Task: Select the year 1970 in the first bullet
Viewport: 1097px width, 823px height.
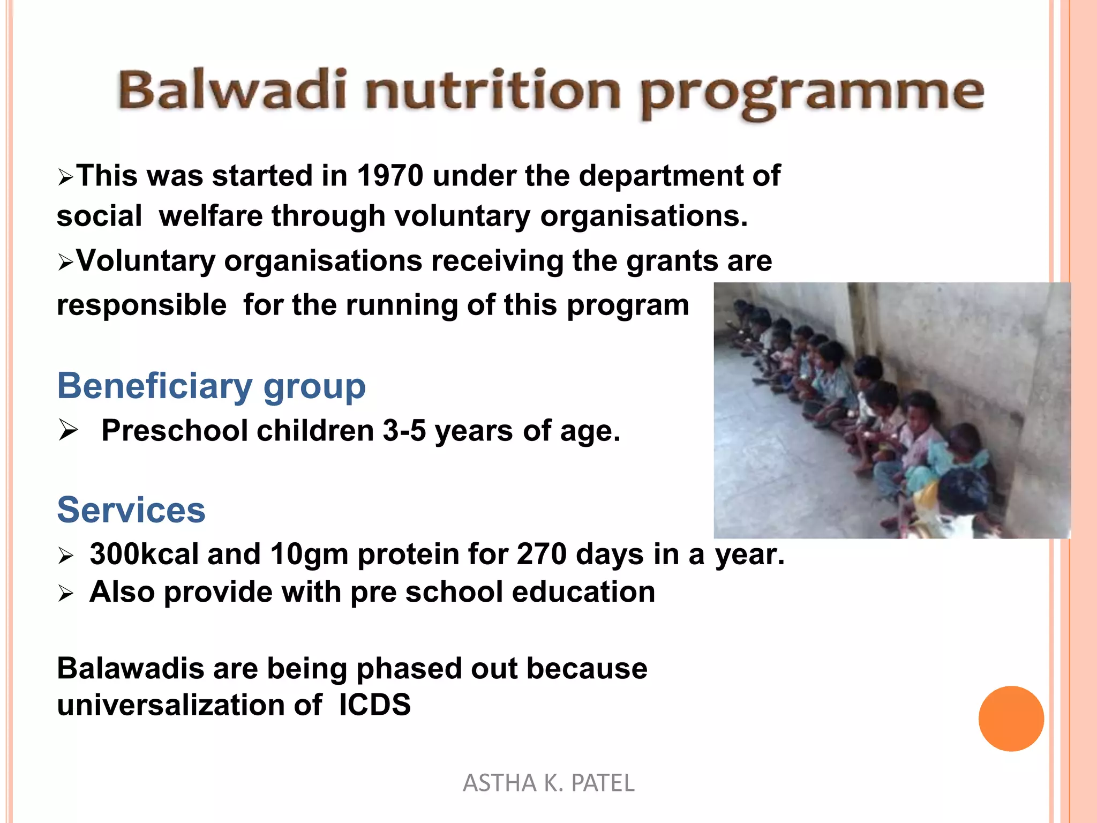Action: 390,176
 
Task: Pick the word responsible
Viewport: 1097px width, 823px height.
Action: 142,305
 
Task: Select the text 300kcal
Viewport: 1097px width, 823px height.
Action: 144,554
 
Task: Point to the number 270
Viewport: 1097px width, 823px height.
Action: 542,554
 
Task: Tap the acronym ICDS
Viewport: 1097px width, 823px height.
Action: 374,705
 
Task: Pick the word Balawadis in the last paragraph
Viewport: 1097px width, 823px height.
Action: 130,669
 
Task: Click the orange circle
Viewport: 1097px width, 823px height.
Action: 1011,719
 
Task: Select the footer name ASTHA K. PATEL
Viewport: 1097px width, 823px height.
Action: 548,783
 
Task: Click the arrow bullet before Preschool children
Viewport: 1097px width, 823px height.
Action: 69,430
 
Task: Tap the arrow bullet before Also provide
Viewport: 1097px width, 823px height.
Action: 65,593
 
